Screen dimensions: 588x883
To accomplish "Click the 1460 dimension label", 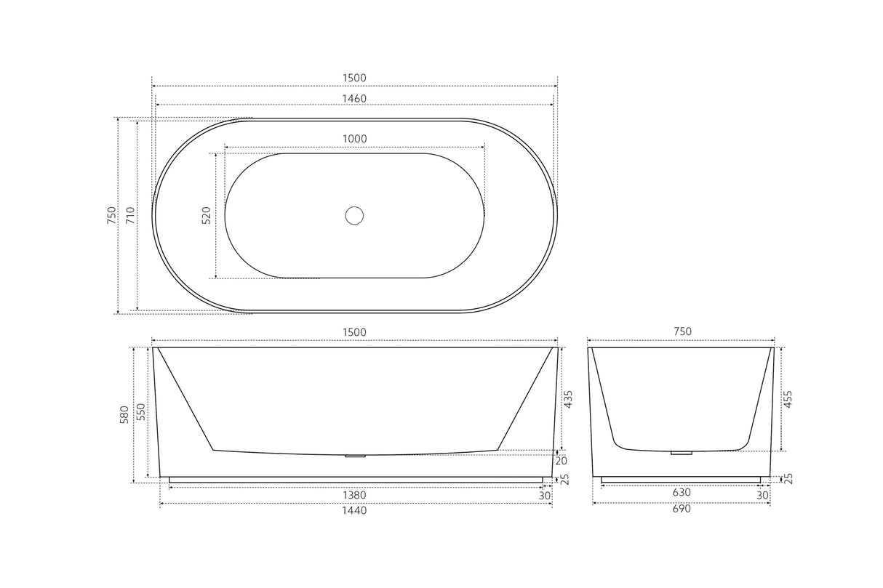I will point(354,98).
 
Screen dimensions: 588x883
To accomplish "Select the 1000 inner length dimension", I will point(354,139).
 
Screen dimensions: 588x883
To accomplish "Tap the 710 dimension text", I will point(130,215).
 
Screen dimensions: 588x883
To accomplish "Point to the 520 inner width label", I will point(206,215).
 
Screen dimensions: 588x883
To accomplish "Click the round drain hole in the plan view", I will point(354,215).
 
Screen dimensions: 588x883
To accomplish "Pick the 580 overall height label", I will point(124,414).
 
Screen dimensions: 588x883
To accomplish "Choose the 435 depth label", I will point(569,399).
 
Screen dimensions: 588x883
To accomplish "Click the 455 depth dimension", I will point(788,399).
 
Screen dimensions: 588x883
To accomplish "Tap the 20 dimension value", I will point(562,461).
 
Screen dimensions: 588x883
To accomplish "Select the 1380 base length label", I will point(354,495).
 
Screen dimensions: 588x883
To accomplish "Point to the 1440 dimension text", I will point(354,510).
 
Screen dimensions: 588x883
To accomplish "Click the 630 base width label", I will point(682,492).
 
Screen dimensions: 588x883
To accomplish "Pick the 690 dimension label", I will point(682,509).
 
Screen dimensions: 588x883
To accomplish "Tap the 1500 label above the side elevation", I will point(354,332).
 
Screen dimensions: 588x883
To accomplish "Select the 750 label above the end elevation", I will point(682,331).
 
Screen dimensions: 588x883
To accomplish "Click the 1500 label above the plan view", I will point(354,78).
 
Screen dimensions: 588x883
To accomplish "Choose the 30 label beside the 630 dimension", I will point(762,495).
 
